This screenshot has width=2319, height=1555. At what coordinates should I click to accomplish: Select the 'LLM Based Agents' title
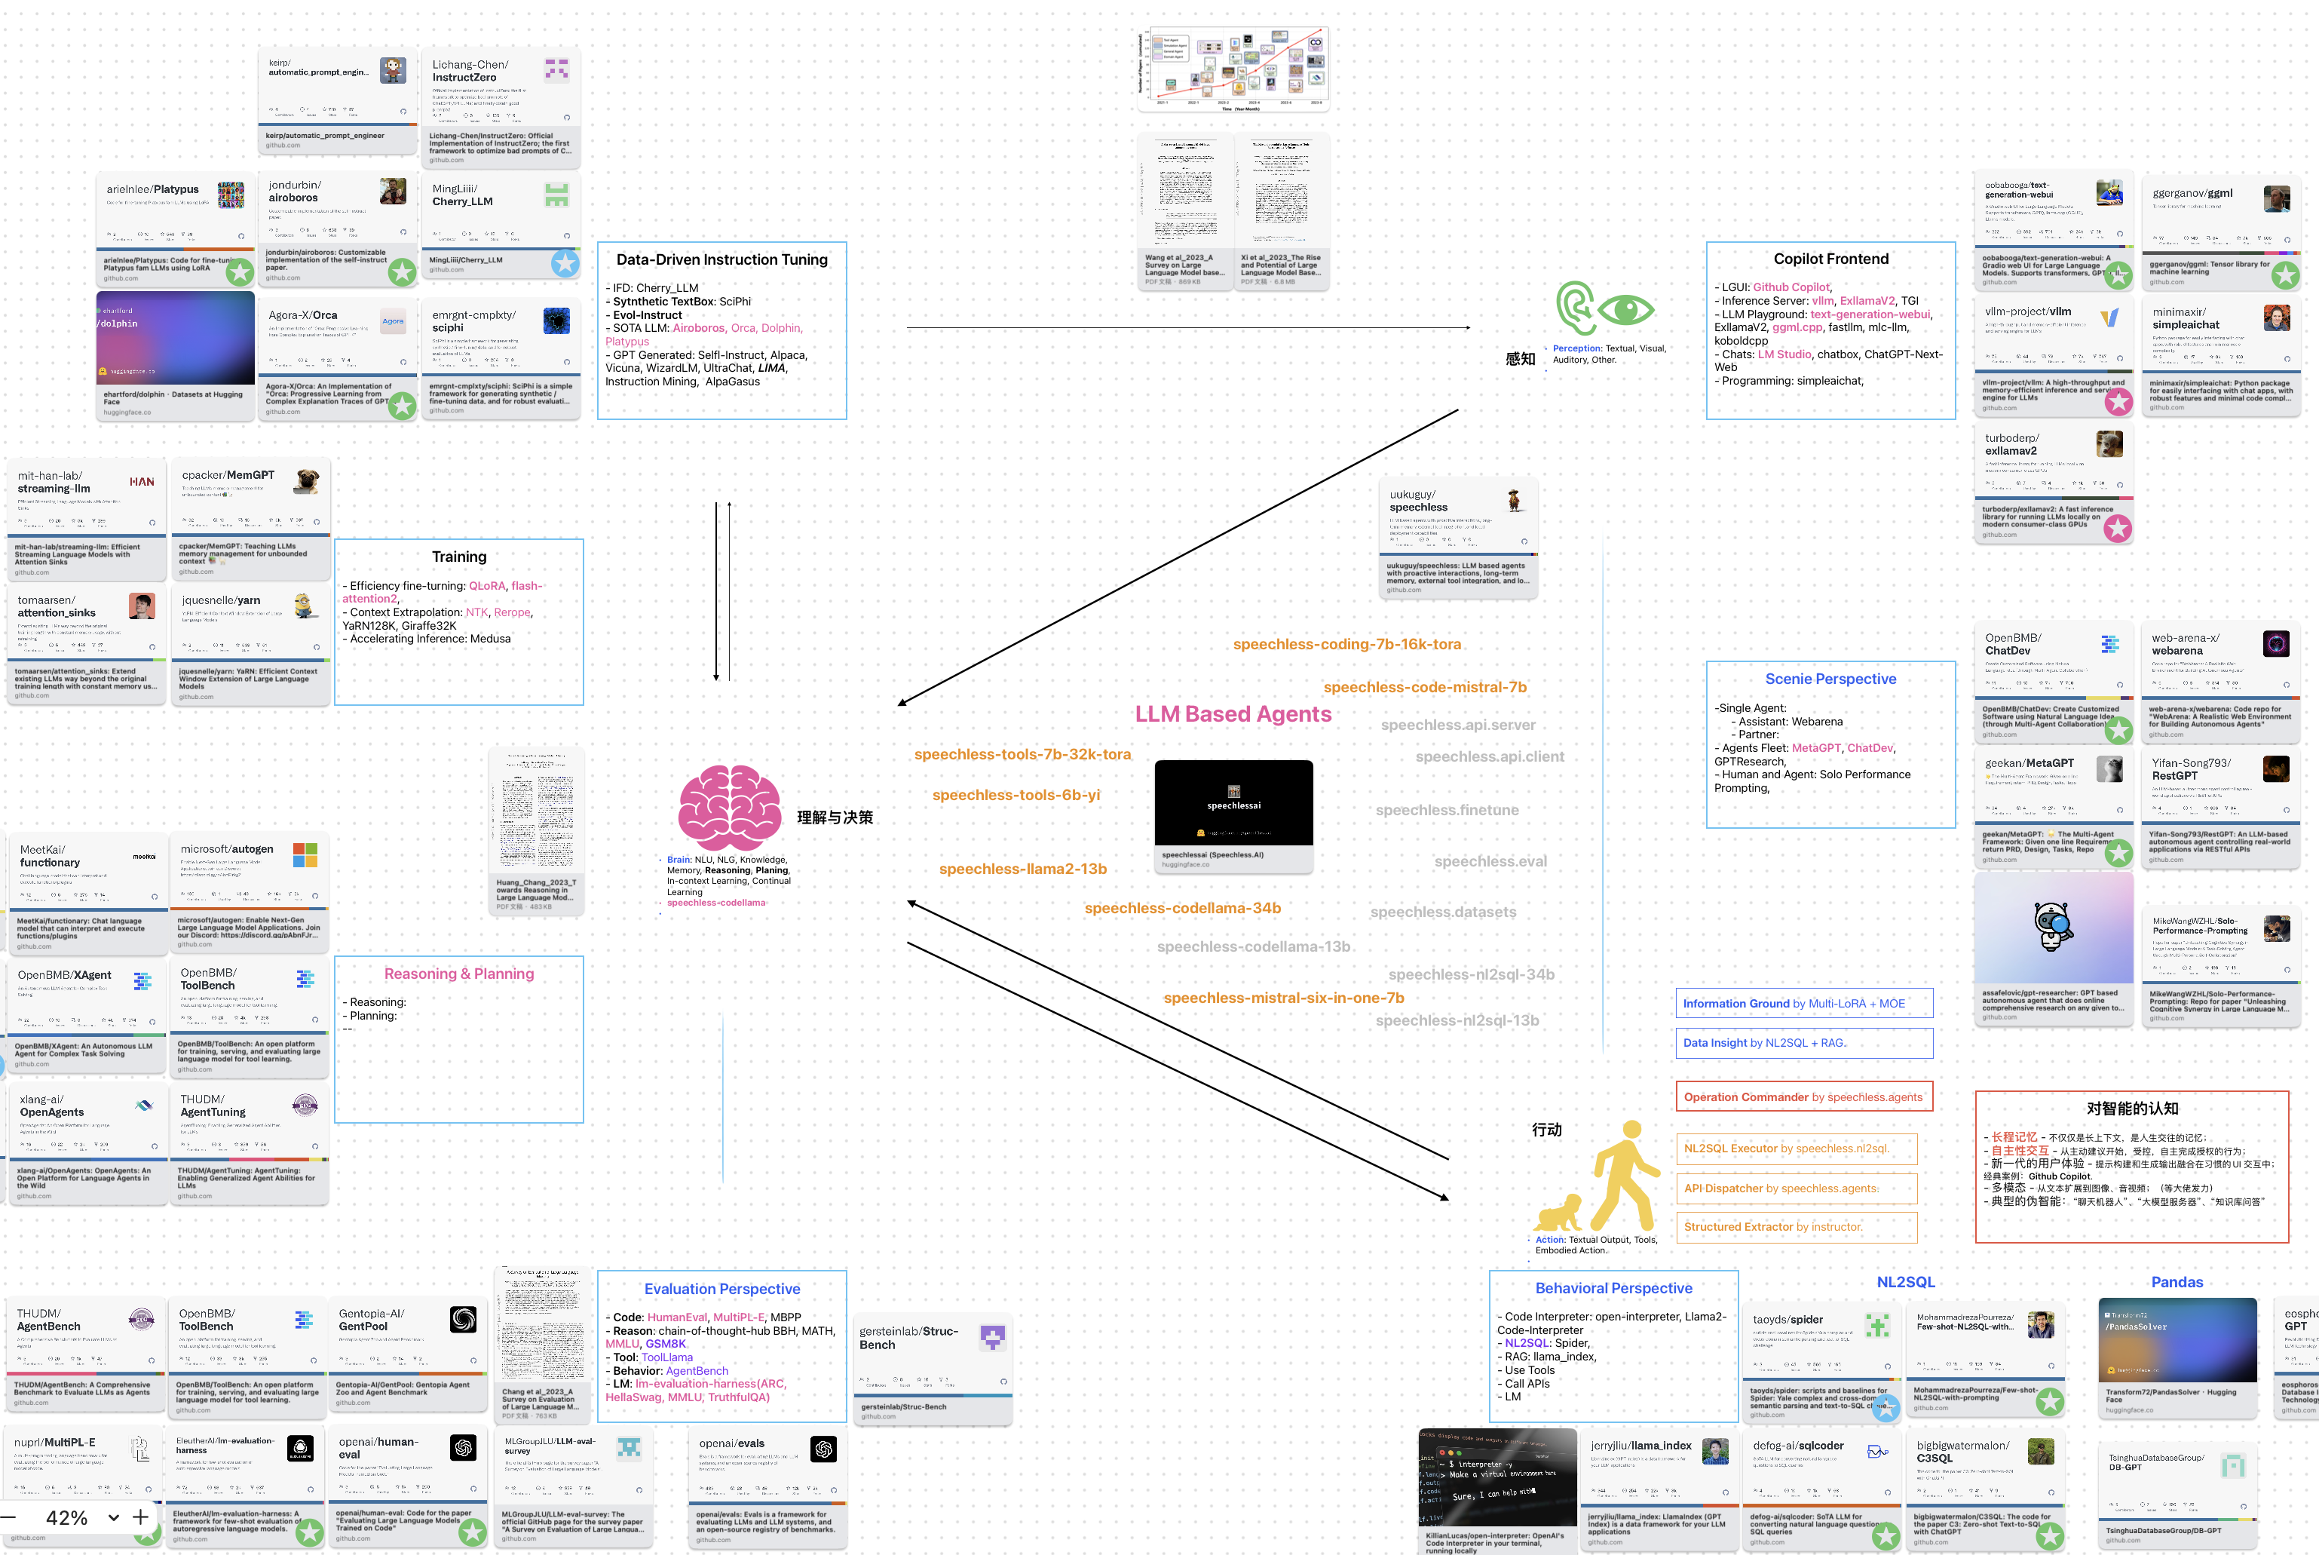[x=1233, y=714]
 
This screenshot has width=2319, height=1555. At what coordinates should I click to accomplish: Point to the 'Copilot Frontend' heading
[x=1830, y=259]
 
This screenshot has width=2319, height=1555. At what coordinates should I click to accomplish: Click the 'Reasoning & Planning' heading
[x=459, y=974]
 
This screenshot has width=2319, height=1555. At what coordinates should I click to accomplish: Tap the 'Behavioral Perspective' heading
[x=1613, y=1288]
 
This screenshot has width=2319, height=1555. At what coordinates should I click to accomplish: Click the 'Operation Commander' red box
[x=1803, y=1096]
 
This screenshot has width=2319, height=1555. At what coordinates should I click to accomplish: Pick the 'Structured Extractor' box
[x=1772, y=1227]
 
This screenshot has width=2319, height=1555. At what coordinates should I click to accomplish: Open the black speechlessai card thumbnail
[x=1233, y=802]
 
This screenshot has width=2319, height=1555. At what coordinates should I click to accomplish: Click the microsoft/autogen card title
[x=227, y=849]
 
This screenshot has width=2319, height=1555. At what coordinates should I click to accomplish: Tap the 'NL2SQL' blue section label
[x=1904, y=1282]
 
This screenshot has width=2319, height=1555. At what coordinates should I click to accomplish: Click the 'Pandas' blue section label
[x=2177, y=1282]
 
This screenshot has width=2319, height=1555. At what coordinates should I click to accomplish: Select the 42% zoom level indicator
[x=66, y=1518]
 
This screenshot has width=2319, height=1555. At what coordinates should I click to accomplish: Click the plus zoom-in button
[x=141, y=1517]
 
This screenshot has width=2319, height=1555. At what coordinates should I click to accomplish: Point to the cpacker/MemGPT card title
[x=228, y=475]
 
